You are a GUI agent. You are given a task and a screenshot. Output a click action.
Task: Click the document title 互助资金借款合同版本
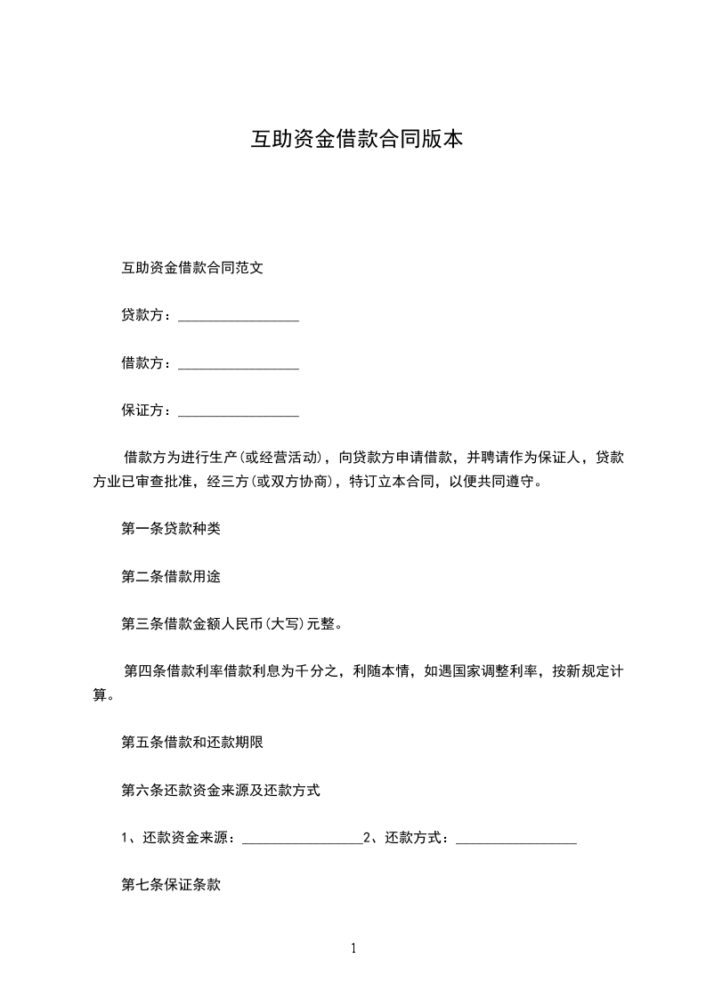pos(356,140)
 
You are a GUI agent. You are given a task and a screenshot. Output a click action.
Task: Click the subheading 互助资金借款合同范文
pos(191,267)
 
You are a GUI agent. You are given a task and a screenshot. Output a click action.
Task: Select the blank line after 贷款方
pos(239,318)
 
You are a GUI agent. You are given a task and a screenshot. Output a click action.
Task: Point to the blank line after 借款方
pos(239,366)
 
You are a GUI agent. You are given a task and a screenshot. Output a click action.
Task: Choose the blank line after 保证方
pos(239,414)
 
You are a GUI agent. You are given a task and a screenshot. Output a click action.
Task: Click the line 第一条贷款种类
pos(171,529)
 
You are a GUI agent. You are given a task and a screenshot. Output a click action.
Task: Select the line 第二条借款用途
pos(171,576)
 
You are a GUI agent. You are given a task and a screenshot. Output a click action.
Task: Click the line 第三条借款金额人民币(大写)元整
pos(231,624)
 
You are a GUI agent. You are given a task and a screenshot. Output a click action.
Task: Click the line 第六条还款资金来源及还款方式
pos(221,790)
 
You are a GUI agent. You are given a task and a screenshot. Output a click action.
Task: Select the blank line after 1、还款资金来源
pos(303,841)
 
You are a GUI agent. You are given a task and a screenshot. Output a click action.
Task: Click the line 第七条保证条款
pos(171,885)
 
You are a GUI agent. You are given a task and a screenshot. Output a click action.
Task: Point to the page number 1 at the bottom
pos(353,949)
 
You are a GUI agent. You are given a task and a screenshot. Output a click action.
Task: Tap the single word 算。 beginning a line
pos(103,694)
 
